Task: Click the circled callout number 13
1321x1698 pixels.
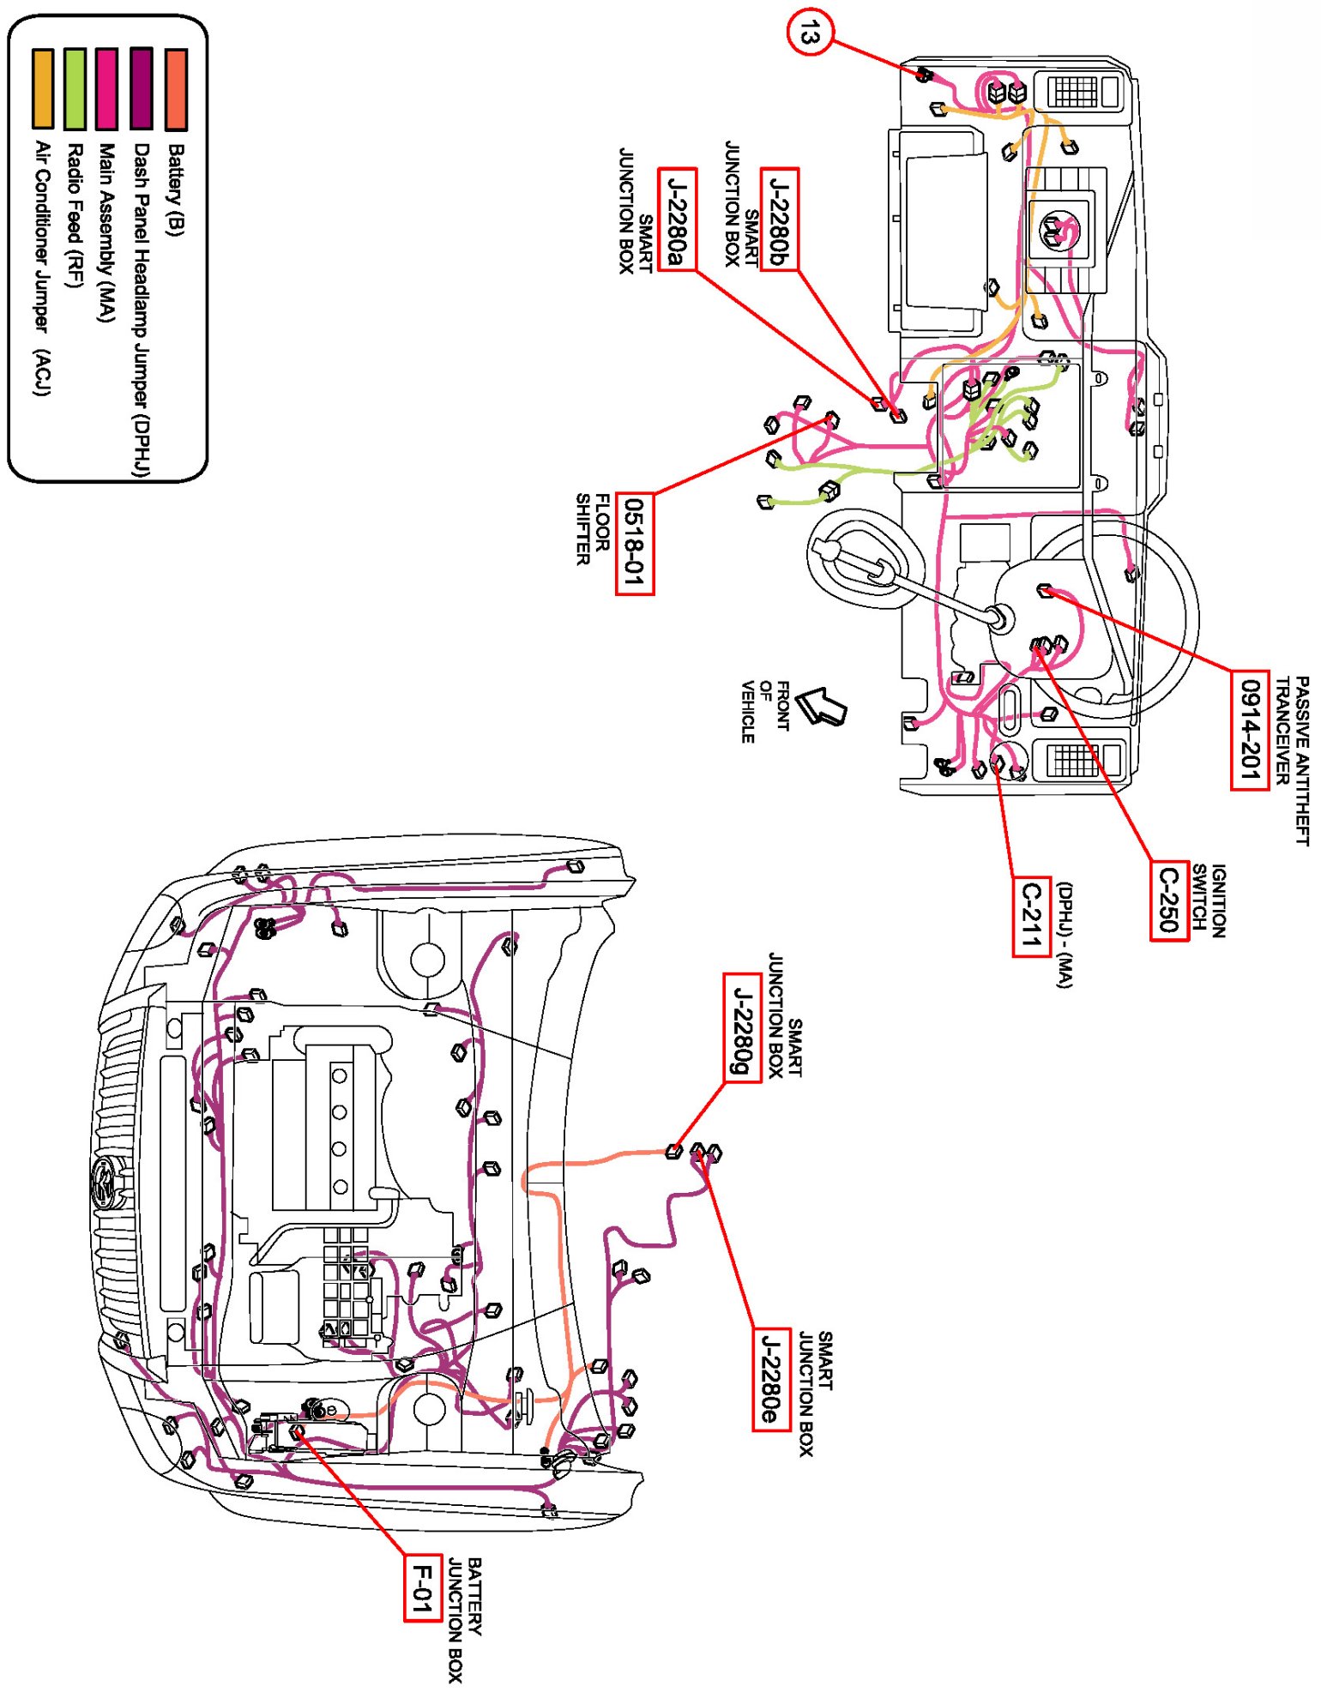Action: point(809,35)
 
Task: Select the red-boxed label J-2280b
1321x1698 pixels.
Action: point(780,220)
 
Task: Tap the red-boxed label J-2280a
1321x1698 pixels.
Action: point(677,220)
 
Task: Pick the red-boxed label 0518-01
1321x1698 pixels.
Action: point(635,544)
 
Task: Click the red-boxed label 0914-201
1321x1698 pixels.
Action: point(1250,730)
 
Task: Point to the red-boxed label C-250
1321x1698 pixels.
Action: point(1169,900)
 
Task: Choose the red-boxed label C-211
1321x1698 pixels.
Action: point(1031,917)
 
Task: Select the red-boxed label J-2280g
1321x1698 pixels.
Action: point(742,1027)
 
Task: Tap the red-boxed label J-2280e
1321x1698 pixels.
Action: point(771,1379)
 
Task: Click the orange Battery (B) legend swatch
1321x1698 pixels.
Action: point(176,89)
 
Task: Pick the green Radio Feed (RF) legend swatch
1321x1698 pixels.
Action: point(75,89)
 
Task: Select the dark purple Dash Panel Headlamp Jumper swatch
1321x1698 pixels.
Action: point(142,89)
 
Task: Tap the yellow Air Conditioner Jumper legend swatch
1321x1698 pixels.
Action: point(42,89)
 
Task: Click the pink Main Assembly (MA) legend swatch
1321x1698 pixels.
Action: point(107,89)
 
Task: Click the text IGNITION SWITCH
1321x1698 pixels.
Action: point(1209,900)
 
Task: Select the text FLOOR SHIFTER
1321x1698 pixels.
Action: point(593,529)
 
